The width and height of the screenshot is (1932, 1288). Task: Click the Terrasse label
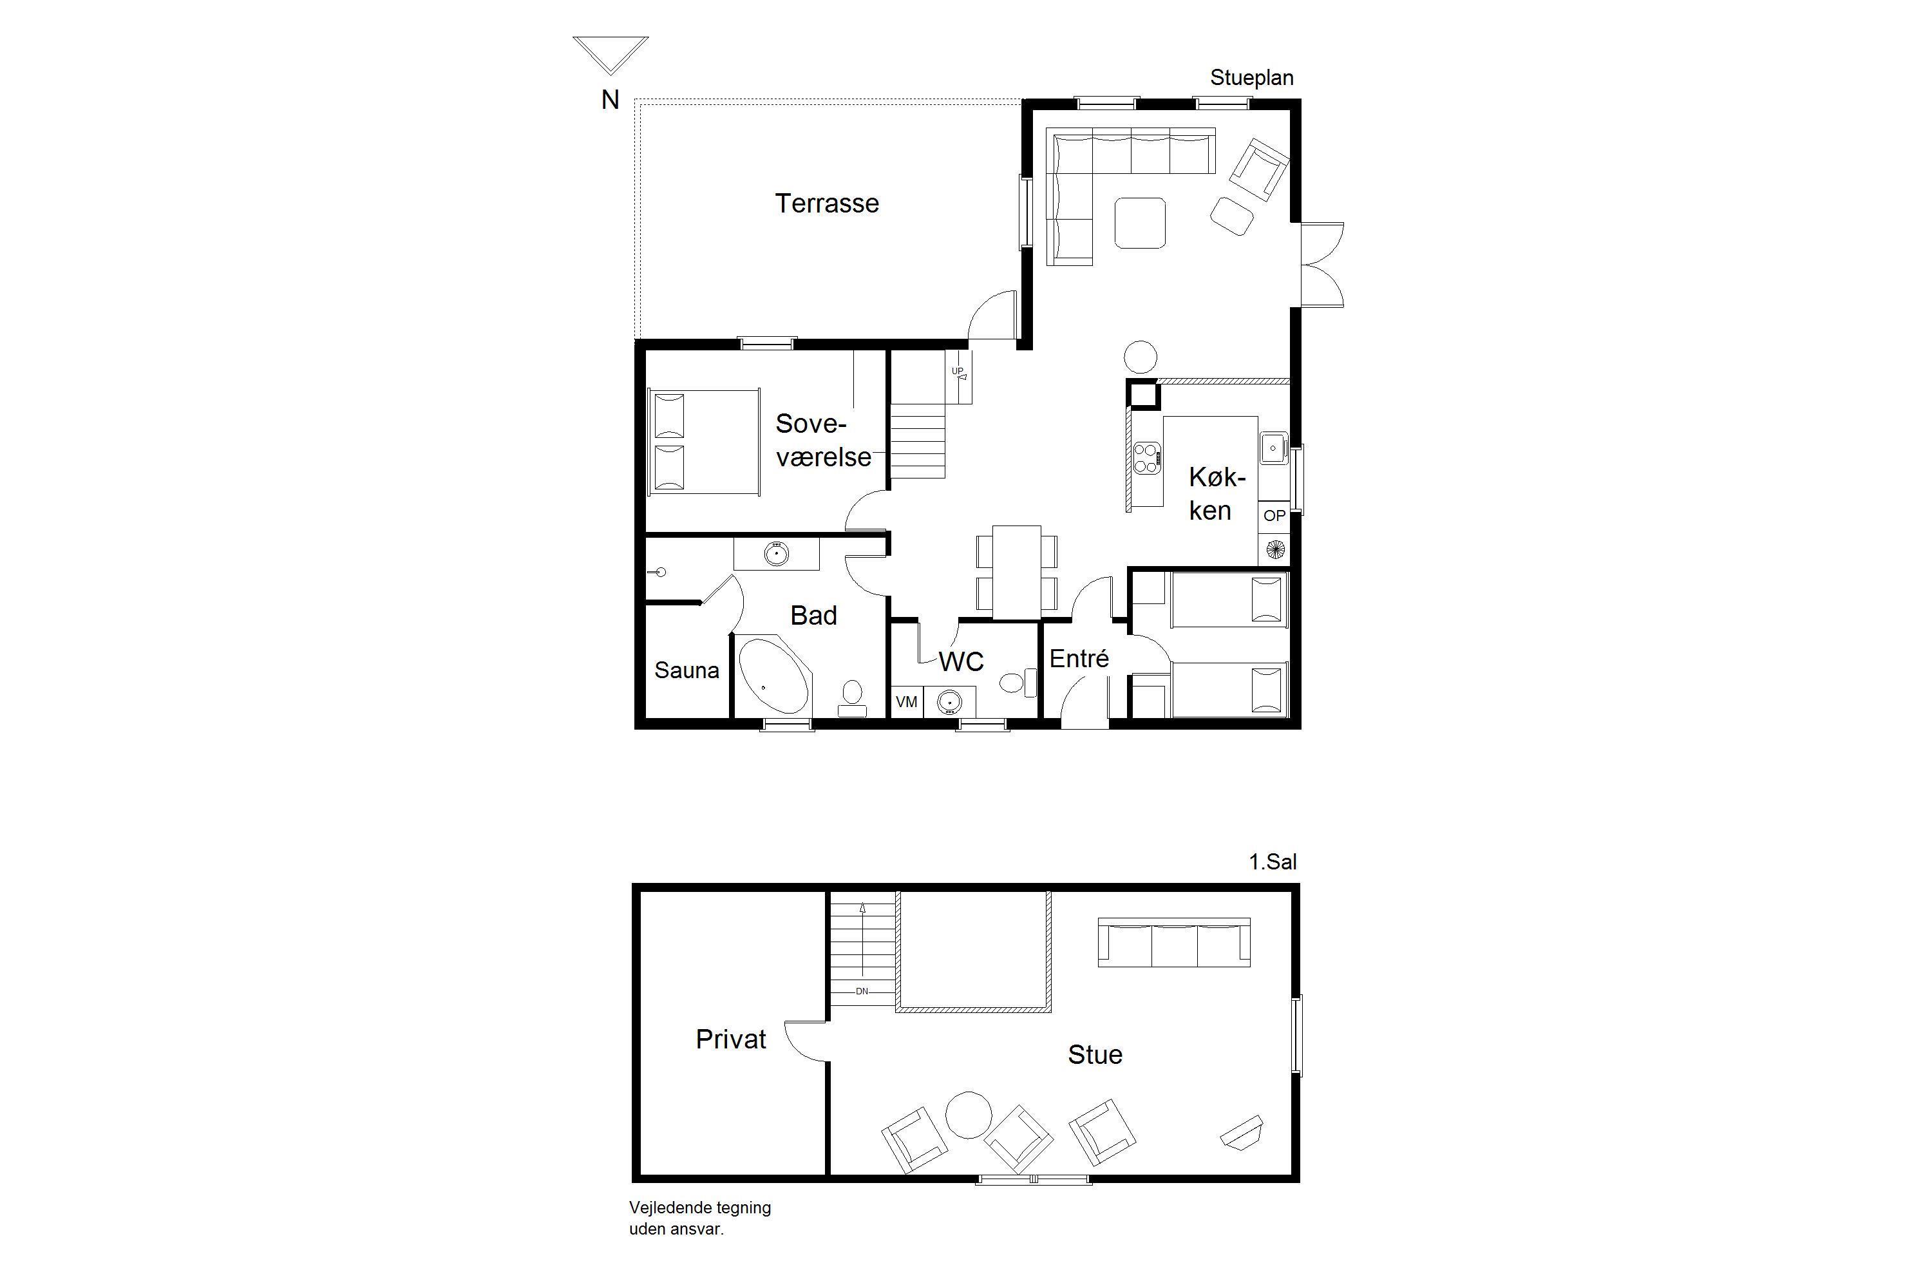[826, 204]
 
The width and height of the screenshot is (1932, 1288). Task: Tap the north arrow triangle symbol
[611, 55]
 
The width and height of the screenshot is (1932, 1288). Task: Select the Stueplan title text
[1252, 78]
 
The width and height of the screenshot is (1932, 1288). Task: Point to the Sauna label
[687, 670]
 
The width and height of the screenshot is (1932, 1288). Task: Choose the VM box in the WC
[907, 703]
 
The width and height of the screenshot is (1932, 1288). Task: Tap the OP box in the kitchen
[1274, 516]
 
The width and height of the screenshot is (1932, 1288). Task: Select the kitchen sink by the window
[1273, 448]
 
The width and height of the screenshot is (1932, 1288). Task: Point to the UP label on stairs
[957, 372]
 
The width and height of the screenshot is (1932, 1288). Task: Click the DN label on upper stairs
[862, 992]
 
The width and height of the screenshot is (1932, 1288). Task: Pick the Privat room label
[731, 1039]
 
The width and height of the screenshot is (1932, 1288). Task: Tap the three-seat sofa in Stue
[1175, 942]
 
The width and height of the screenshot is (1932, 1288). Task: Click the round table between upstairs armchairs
[969, 1115]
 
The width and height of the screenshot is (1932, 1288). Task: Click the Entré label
[1079, 658]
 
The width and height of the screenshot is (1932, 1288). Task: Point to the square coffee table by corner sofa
[1140, 223]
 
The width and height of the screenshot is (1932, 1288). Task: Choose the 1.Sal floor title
[1273, 862]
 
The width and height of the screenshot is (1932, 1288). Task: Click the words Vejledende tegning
[700, 1208]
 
